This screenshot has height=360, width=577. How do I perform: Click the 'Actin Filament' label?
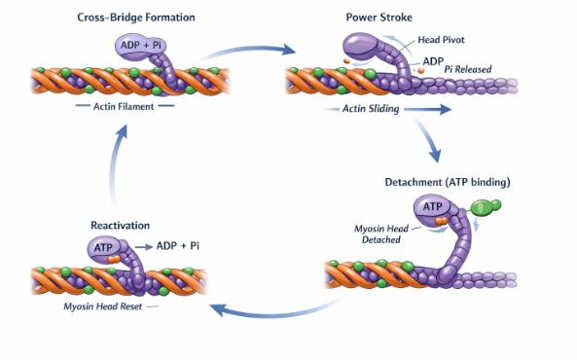pos(126,106)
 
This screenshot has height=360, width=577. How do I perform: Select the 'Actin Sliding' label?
pos(370,110)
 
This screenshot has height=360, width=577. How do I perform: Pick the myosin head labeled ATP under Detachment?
pos(434,207)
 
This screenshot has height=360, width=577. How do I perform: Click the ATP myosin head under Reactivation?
pos(105,249)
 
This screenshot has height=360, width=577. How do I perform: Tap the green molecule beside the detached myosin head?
pos(486,208)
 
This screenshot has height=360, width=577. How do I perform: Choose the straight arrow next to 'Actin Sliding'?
pos(428,110)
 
